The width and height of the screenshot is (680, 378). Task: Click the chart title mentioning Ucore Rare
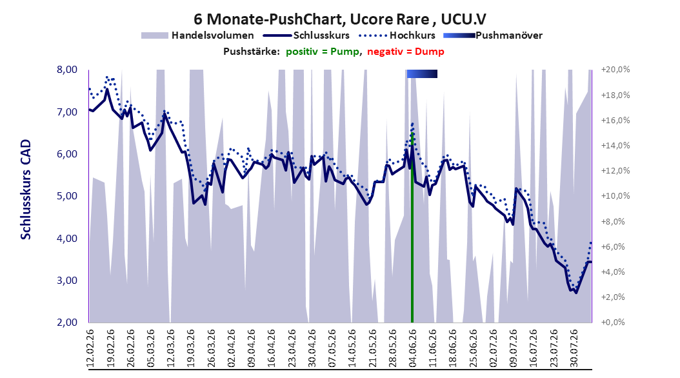339,19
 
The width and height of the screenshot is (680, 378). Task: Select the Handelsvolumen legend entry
198,35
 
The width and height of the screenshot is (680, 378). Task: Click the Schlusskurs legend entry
306,35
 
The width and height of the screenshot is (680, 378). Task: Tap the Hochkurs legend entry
396,35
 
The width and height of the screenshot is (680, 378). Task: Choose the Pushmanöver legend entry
493,35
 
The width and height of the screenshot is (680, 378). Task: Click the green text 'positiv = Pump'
322,52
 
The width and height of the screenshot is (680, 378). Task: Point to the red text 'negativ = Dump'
406,52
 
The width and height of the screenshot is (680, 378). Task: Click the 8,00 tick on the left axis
67,70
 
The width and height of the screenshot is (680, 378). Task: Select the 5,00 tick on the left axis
67,196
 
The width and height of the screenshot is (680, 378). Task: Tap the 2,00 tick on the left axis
67,322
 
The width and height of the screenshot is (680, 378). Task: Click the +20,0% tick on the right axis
615,70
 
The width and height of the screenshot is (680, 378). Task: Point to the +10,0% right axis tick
615,196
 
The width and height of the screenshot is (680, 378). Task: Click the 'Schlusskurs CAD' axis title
26,190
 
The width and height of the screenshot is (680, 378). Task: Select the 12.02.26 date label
90,348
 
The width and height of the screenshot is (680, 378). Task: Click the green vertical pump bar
412,228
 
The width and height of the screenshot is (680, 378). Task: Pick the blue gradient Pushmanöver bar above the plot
422,74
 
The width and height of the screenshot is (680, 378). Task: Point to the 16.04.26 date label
272,348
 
